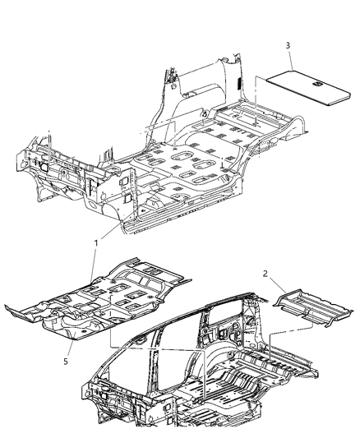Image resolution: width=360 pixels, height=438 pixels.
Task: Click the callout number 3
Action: (288, 45)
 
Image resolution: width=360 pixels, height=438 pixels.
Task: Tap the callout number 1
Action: (96, 243)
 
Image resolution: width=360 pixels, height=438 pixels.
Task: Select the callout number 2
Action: (265, 274)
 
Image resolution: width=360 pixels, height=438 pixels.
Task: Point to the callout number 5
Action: (66, 362)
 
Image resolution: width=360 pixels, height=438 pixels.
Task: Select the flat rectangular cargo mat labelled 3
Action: (308, 88)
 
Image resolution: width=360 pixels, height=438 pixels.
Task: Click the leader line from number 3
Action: (290, 60)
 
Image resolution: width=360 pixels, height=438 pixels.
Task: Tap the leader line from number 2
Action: (277, 285)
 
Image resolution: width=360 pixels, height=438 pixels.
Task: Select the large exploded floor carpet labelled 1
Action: (98, 299)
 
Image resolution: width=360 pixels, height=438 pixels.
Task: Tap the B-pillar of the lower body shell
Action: (155, 363)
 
